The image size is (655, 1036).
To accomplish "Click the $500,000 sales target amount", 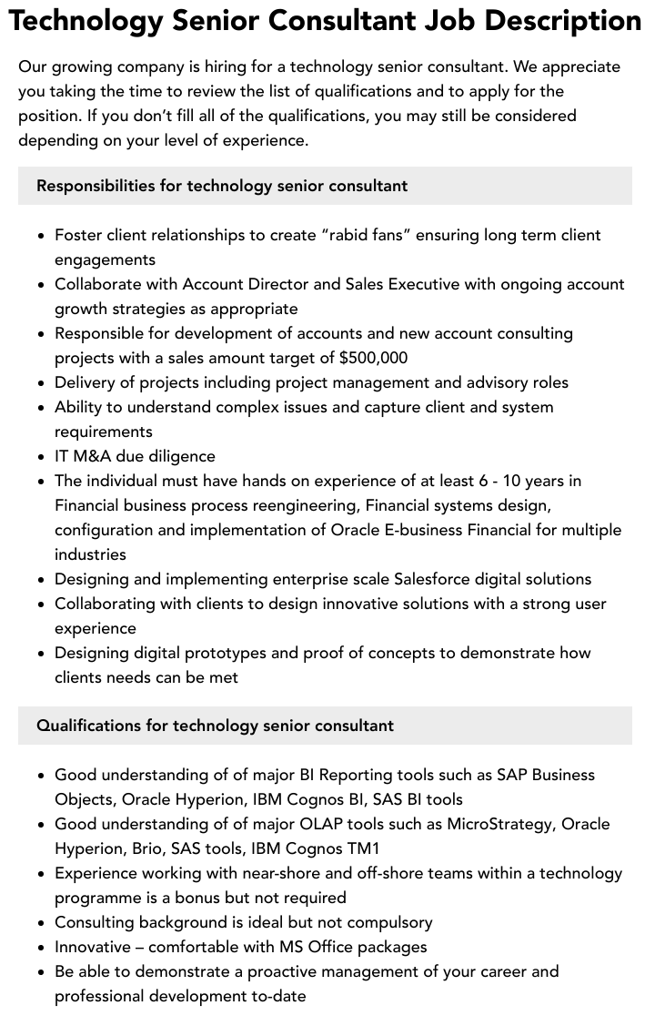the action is (373, 358).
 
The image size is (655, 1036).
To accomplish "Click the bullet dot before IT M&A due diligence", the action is (42, 457).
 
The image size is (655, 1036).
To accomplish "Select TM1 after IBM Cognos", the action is (362, 848).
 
